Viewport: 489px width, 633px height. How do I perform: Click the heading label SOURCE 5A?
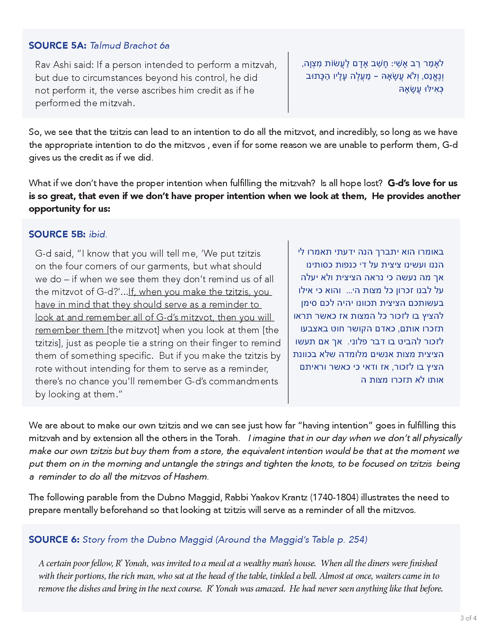tap(57, 45)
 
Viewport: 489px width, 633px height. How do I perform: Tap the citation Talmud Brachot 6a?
tap(129, 45)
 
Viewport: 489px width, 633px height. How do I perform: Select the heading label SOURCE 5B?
tap(57, 234)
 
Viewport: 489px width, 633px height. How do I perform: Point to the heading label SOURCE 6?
tap(54, 539)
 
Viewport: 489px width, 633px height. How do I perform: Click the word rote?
tap(44, 369)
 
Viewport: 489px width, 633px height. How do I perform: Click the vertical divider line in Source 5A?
tap(288, 82)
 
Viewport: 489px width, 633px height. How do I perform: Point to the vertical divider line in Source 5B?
tap(288, 322)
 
